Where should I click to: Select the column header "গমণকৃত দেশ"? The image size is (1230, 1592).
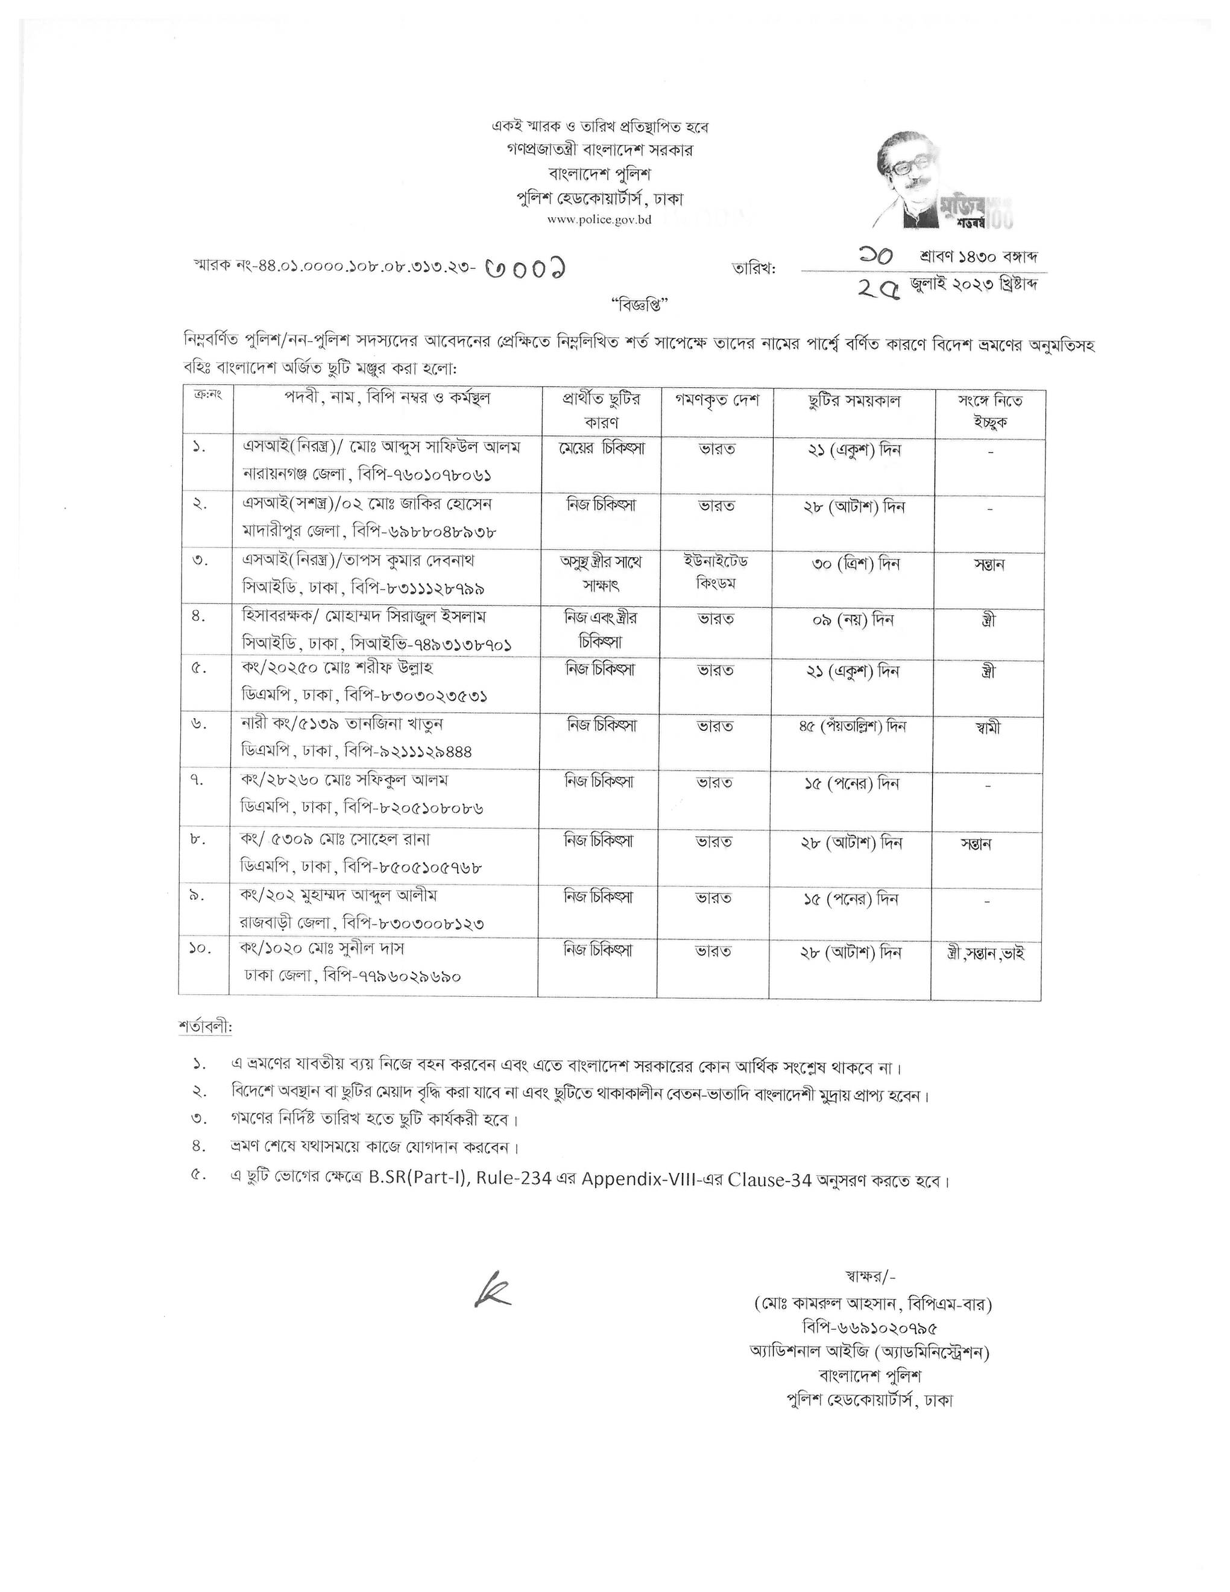point(717,400)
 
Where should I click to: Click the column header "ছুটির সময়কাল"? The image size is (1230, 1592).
point(854,400)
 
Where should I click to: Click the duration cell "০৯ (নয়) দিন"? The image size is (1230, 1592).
point(852,619)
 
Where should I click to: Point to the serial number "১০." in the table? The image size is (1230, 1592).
point(201,950)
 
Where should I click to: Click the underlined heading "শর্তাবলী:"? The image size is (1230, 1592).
point(206,1026)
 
